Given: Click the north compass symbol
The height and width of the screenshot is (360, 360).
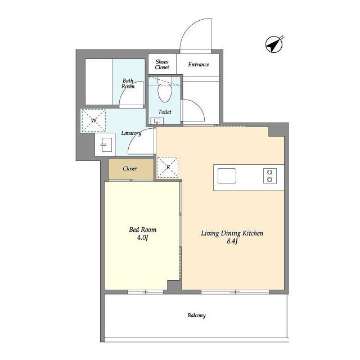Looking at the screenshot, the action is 274,44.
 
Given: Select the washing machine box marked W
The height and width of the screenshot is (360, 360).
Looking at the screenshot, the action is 94,120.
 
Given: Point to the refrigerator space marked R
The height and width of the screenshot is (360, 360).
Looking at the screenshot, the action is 168,168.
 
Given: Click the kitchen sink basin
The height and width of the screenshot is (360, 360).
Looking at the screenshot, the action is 227,176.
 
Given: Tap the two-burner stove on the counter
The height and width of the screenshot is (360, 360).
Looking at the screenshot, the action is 270,176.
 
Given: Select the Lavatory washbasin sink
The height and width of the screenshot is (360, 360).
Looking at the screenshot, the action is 106,145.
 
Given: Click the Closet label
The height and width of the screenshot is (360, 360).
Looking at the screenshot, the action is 130,169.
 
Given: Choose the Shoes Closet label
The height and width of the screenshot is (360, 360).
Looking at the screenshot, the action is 162,65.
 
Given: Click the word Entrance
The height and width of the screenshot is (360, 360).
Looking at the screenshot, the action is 199,65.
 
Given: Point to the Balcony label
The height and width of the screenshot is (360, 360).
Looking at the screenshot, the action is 196,316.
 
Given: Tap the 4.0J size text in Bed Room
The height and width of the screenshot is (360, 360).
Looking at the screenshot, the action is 142,237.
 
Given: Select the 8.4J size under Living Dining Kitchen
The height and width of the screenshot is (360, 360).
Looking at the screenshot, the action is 232,241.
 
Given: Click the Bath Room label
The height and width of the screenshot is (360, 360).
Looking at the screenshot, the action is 128,84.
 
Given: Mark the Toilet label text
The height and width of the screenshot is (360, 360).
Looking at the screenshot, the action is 165,112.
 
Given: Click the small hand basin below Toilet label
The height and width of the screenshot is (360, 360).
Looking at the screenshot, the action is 157,121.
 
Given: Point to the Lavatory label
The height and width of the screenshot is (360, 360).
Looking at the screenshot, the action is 131,133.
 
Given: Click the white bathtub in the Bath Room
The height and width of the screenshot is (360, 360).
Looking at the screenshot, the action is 99,82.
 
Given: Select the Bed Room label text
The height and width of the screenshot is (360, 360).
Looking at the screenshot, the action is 142,229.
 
